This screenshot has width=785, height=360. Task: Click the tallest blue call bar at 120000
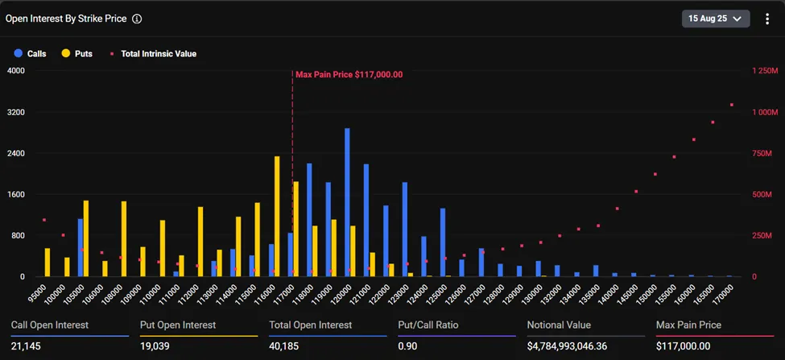(x=347, y=203)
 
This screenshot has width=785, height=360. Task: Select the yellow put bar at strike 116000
(x=277, y=217)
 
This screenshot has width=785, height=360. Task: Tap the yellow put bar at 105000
(x=86, y=238)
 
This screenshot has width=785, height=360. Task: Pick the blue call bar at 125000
(x=443, y=242)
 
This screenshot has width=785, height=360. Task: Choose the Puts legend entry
(x=77, y=54)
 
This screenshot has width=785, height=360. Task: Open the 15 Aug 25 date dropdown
(x=716, y=18)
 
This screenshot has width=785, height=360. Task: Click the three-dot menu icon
(x=767, y=19)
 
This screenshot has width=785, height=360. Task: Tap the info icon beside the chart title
(x=137, y=18)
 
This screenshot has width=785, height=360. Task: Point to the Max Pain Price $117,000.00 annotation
(x=349, y=74)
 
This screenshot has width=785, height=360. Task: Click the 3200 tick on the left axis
(x=16, y=112)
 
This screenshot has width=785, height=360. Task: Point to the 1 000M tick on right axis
(x=762, y=112)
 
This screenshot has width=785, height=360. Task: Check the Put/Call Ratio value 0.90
(x=409, y=346)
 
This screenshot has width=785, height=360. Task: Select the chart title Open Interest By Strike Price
(x=65, y=18)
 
